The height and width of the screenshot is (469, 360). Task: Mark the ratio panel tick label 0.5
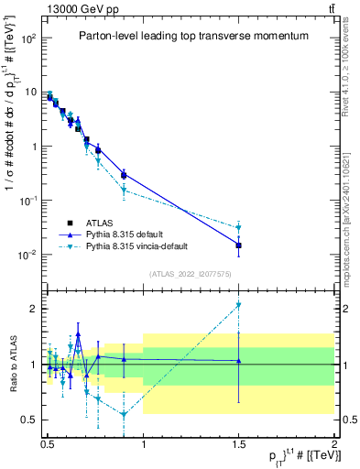(x=29, y=420)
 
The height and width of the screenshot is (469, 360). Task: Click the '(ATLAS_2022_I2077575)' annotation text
(x=190, y=274)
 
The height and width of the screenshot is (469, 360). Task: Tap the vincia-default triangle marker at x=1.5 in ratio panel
(x=238, y=305)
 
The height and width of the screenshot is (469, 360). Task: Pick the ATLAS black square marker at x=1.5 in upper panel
(x=238, y=245)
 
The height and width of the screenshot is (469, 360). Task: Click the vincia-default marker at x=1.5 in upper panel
(x=238, y=228)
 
